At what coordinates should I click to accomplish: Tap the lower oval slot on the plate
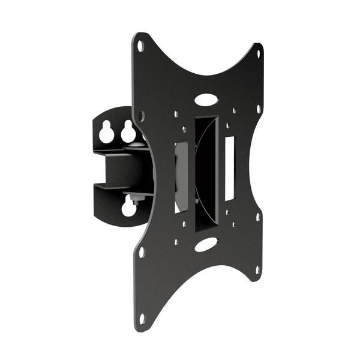pyautogui.click(x=206, y=244)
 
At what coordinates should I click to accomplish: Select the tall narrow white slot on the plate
pyautogui.click(x=229, y=168)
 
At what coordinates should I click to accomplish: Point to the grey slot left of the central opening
pyautogui.click(x=181, y=177)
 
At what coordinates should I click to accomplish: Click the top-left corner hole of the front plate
pyautogui.click(x=140, y=46)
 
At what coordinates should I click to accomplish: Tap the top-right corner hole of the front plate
pyautogui.click(x=259, y=53)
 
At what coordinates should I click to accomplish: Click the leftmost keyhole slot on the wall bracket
pyautogui.click(x=107, y=132)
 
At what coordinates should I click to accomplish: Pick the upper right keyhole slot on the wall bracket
pyautogui.click(x=128, y=131)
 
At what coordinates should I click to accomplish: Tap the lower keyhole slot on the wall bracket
pyautogui.click(x=128, y=208)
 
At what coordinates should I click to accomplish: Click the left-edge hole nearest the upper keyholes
pyautogui.click(x=142, y=115)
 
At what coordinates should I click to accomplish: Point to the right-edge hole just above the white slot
pyautogui.click(x=258, y=110)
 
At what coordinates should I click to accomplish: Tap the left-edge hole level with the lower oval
pyautogui.click(x=142, y=252)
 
